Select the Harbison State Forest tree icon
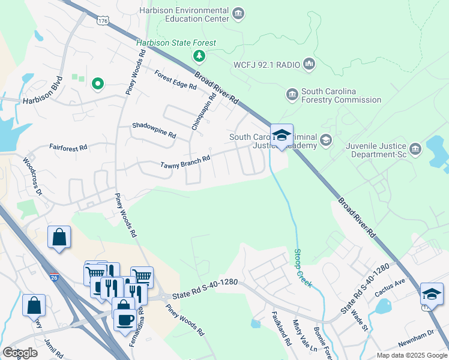tap(199, 56)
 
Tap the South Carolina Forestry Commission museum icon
tap(292, 95)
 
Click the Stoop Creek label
tap(303, 267)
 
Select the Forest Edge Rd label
tap(175, 80)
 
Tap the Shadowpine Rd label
tap(154, 130)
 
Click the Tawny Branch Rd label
tap(184, 162)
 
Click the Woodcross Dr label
tap(32, 176)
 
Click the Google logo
tap(20, 353)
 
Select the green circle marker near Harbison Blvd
tap(97, 84)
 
